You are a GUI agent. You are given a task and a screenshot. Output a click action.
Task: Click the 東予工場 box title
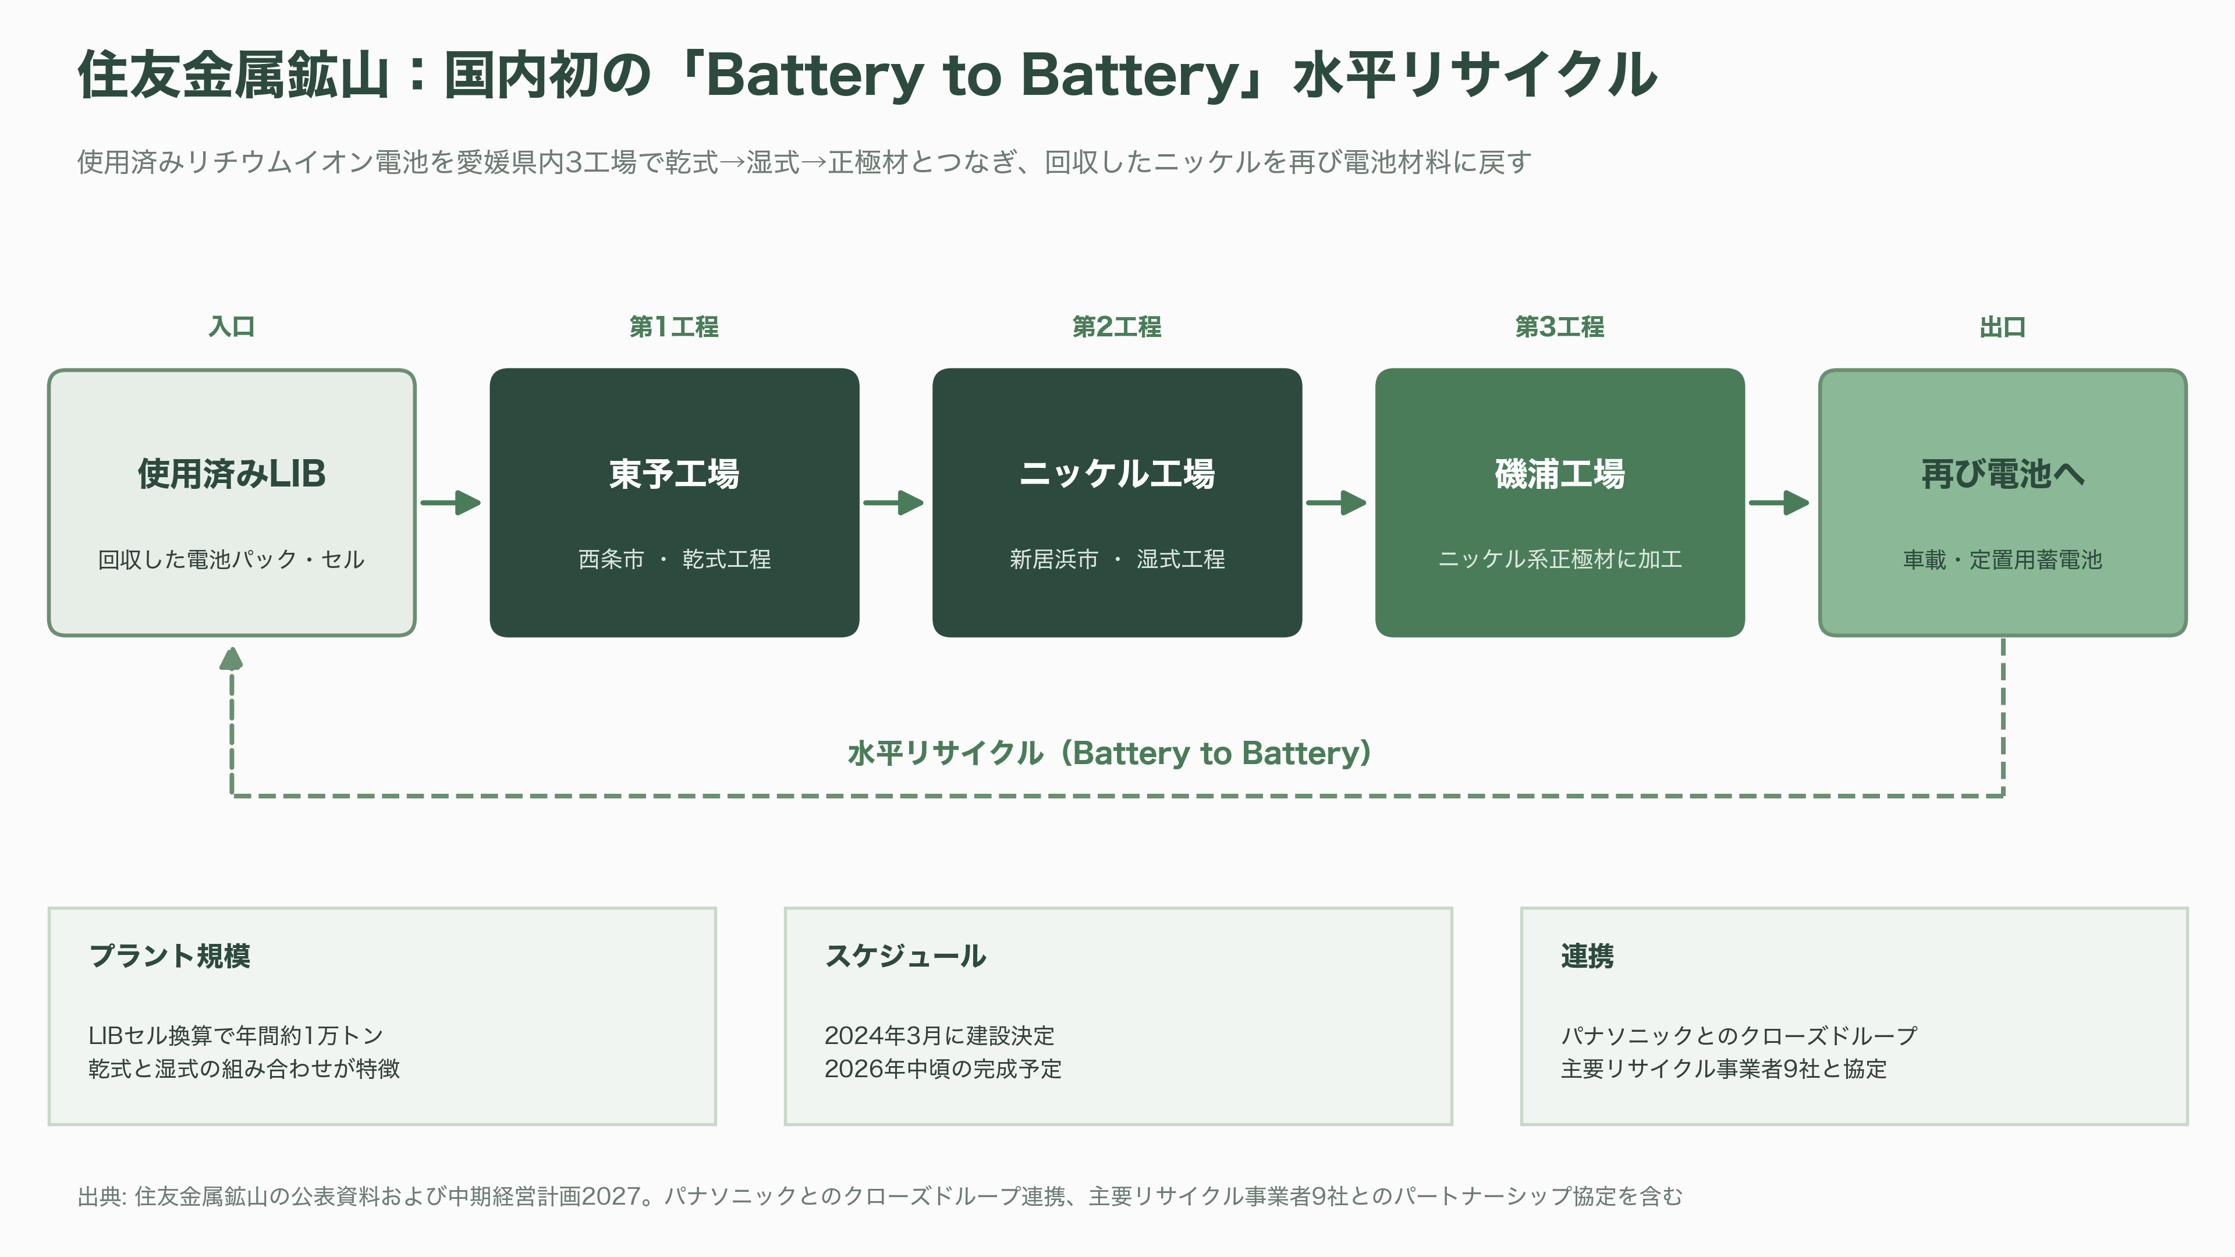point(674,474)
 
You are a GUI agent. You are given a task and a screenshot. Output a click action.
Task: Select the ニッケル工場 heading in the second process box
point(1117,474)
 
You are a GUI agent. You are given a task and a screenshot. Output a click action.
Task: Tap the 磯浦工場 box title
point(1559,474)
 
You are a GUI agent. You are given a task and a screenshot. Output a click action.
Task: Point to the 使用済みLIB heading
point(232,474)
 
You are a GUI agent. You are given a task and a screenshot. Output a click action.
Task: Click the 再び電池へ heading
point(2002,474)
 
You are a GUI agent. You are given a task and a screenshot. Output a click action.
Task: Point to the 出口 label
point(2002,327)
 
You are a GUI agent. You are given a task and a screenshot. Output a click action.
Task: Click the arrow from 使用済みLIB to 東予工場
point(450,502)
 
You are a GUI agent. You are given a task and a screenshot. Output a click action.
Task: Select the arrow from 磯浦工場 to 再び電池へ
point(1779,502)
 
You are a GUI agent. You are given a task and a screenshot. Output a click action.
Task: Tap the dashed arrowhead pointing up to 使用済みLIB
point(231,659)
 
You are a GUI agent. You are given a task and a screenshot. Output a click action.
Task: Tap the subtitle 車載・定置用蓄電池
point(2002,559)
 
